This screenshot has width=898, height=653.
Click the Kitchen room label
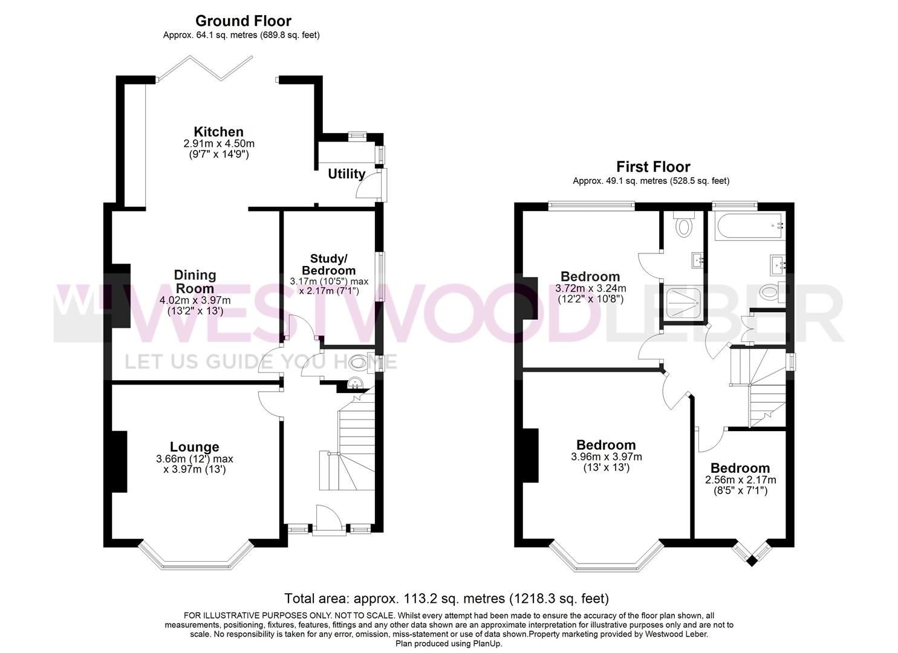tap(218, 132)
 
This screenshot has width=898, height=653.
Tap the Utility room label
tap(347, 174)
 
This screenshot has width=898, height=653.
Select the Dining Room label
tap(195, 282)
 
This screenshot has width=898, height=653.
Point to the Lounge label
tap(194, 447)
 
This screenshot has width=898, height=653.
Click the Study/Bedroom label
tap(328, 264)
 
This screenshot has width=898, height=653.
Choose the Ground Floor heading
tap(243, 22)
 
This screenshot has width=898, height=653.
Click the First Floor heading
tap(653, 167)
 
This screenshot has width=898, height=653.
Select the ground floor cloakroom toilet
tap(358, 363)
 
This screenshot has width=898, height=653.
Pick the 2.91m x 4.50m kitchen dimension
tap(219, 144)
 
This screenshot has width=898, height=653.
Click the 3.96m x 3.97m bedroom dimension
tap(606, 457)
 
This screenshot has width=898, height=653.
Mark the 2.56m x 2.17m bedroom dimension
tap(740, 479)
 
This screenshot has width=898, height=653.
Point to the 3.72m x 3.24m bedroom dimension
tap(590, 288)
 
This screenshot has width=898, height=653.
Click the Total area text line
tap(446, 599)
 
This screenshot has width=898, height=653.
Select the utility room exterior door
tap(369, 185)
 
